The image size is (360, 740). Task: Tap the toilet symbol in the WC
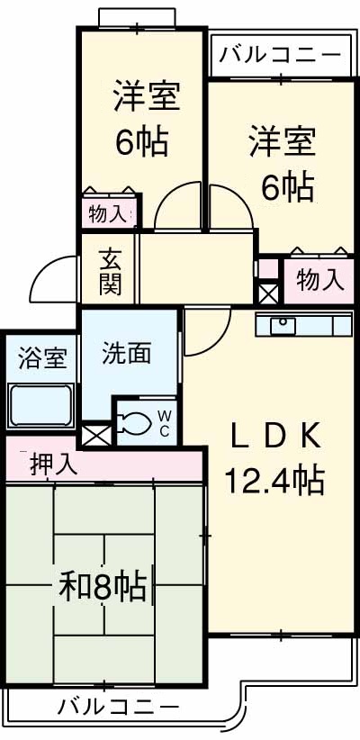point(137,421)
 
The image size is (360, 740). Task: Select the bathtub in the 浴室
point(40,404)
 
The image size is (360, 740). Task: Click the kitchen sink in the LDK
point(283,324)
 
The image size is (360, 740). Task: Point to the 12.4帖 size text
point(270,481)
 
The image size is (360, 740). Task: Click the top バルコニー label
point(279,55)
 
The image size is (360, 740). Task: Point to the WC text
point(166,420)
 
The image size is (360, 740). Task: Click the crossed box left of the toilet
point(95,435)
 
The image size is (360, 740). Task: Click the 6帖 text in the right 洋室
point(287,187)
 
